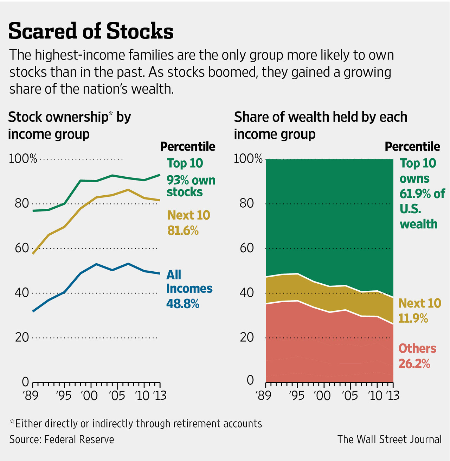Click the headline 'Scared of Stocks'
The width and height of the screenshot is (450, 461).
tap(91, 31)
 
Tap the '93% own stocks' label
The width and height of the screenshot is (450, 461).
tap(191, 186)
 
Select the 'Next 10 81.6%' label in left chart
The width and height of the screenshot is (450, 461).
tap(188, 222)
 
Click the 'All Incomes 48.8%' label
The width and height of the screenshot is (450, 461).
tap(189, 289)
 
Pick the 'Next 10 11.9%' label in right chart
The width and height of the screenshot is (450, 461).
tap(419, 310)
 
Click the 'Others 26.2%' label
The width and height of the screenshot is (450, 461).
tap(417, 355)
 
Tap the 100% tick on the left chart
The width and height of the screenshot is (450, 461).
tap(22, 159)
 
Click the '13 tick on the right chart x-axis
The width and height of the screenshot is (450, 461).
tap(392, 396)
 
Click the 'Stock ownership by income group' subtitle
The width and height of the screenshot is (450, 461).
tap(69, 125)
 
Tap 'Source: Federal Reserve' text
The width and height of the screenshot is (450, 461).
tap(62, 440)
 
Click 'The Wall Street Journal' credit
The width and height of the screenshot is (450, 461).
tap(389, 440)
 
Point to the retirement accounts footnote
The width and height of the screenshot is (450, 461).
tap(136, 423)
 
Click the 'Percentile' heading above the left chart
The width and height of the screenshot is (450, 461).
tap(187, 146)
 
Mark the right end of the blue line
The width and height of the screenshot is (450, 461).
tap(160, 273)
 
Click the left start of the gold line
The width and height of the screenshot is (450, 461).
tap(33, 253)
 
